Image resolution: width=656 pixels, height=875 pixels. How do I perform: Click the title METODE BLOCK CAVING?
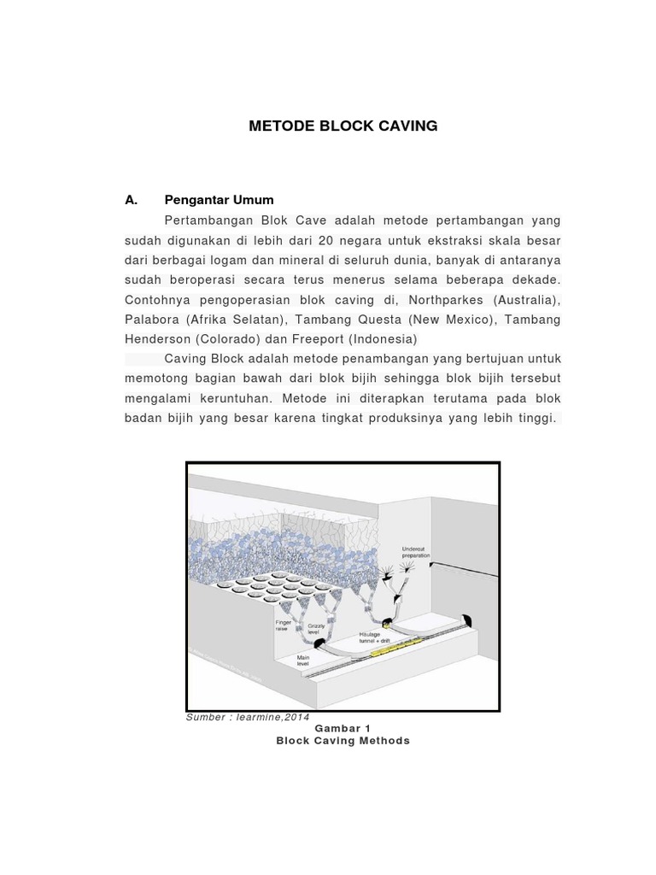343,126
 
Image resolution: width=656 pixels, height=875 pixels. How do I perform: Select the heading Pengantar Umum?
219,200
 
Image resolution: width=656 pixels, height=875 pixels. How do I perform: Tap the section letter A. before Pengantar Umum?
131,200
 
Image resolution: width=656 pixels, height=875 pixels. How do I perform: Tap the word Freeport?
316,339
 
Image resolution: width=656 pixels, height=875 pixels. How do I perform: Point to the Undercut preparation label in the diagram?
416,552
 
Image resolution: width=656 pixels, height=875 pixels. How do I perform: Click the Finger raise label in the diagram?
283,625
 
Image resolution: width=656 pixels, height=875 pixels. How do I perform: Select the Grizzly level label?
315,629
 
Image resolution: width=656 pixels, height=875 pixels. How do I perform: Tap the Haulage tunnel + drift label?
375,637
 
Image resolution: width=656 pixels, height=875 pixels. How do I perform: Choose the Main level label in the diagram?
304,661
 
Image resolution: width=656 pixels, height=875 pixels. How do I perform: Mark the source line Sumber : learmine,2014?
247,717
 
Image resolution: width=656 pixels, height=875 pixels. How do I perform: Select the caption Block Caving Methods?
343,741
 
